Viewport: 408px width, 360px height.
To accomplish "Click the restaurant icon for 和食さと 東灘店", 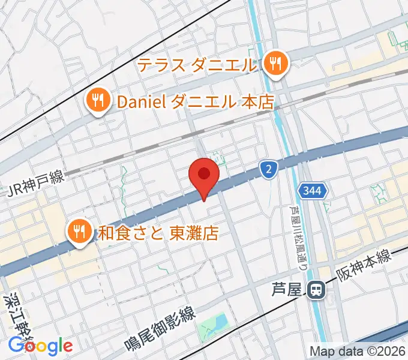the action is tap(79, 231).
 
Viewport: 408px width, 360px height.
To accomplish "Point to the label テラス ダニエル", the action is tap(198, 64).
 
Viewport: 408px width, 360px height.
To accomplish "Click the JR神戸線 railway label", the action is tap(35, 190).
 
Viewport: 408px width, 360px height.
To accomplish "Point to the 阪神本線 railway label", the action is tap(363, 265).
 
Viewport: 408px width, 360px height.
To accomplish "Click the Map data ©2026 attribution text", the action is tap(357, 351).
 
